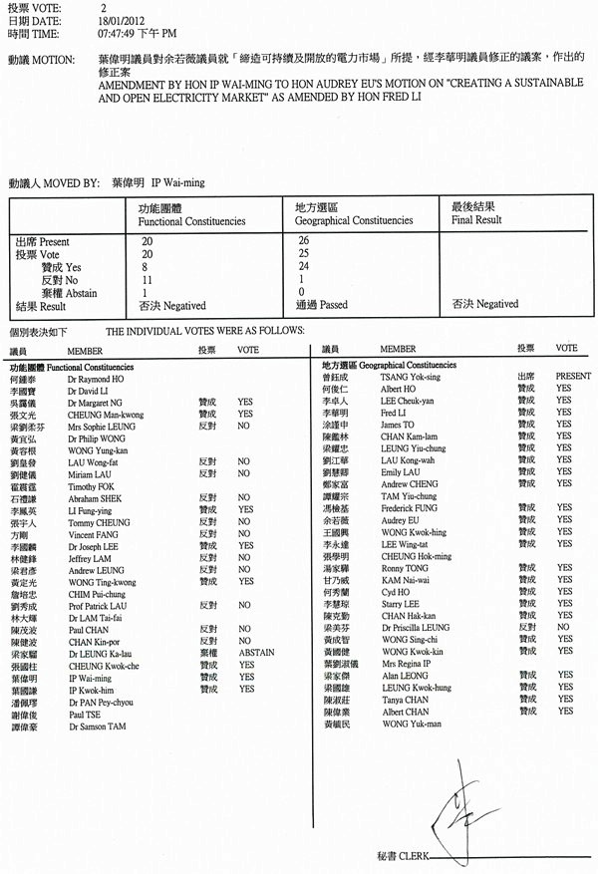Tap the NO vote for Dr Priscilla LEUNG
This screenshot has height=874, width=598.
[562, 629]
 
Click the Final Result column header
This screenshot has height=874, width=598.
[476, 219]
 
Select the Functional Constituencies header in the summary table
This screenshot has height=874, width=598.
[191, 219]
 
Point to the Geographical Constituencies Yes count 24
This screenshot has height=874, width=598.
[302, 267]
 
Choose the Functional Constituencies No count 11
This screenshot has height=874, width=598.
[146, 280]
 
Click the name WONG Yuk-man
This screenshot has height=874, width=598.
[412, 724]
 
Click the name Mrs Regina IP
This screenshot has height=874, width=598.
[405, 664]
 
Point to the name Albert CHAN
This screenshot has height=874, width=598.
[406, 712]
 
